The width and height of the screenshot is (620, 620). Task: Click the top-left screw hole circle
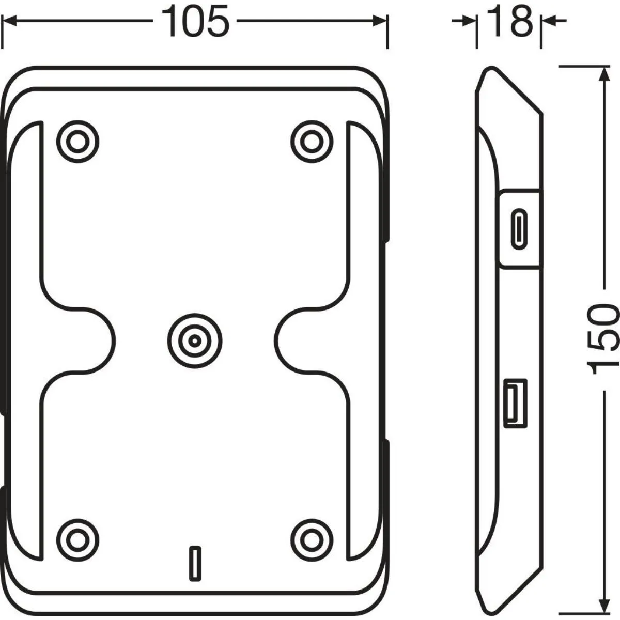pyautogui.click(x=78, y=142)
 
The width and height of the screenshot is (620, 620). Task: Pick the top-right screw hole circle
pyautogui.click(x=312, y=142)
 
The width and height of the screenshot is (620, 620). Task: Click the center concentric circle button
pyautogui.click(x=195, y=340)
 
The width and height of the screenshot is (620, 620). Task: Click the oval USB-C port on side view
pyautogui.click(x=519, y=229)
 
